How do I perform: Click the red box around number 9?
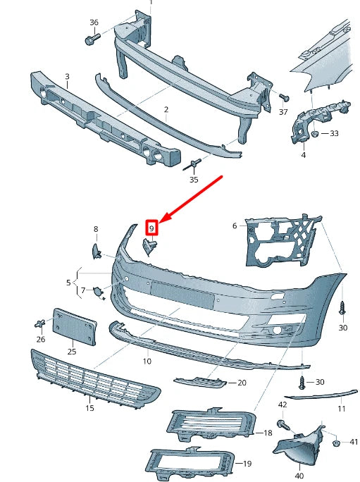point(151,228)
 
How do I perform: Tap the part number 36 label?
point(94,23)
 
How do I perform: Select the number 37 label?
point(283,111)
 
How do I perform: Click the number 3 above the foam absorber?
point(67,76)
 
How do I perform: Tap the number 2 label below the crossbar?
point(166,109)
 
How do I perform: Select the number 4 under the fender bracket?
point(303,154)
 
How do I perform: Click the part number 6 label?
point(235,225)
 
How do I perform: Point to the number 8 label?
point(97,229)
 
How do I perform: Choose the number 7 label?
point(82,290)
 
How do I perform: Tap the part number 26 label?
point(41,339)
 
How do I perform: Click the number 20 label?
point(242,383)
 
